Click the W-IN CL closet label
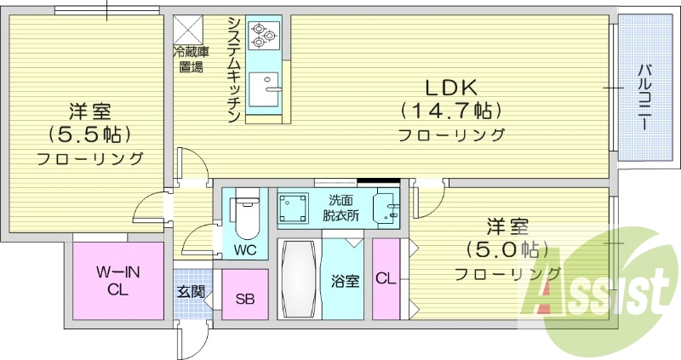pos(117,280)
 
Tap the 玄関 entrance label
pos(190,291)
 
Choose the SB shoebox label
pos(244,299)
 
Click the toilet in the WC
pos(244,217)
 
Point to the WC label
pos(244,250)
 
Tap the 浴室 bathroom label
pos(346,279)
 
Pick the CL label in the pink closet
pos(385,279)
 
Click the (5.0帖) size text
pos(506,250)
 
